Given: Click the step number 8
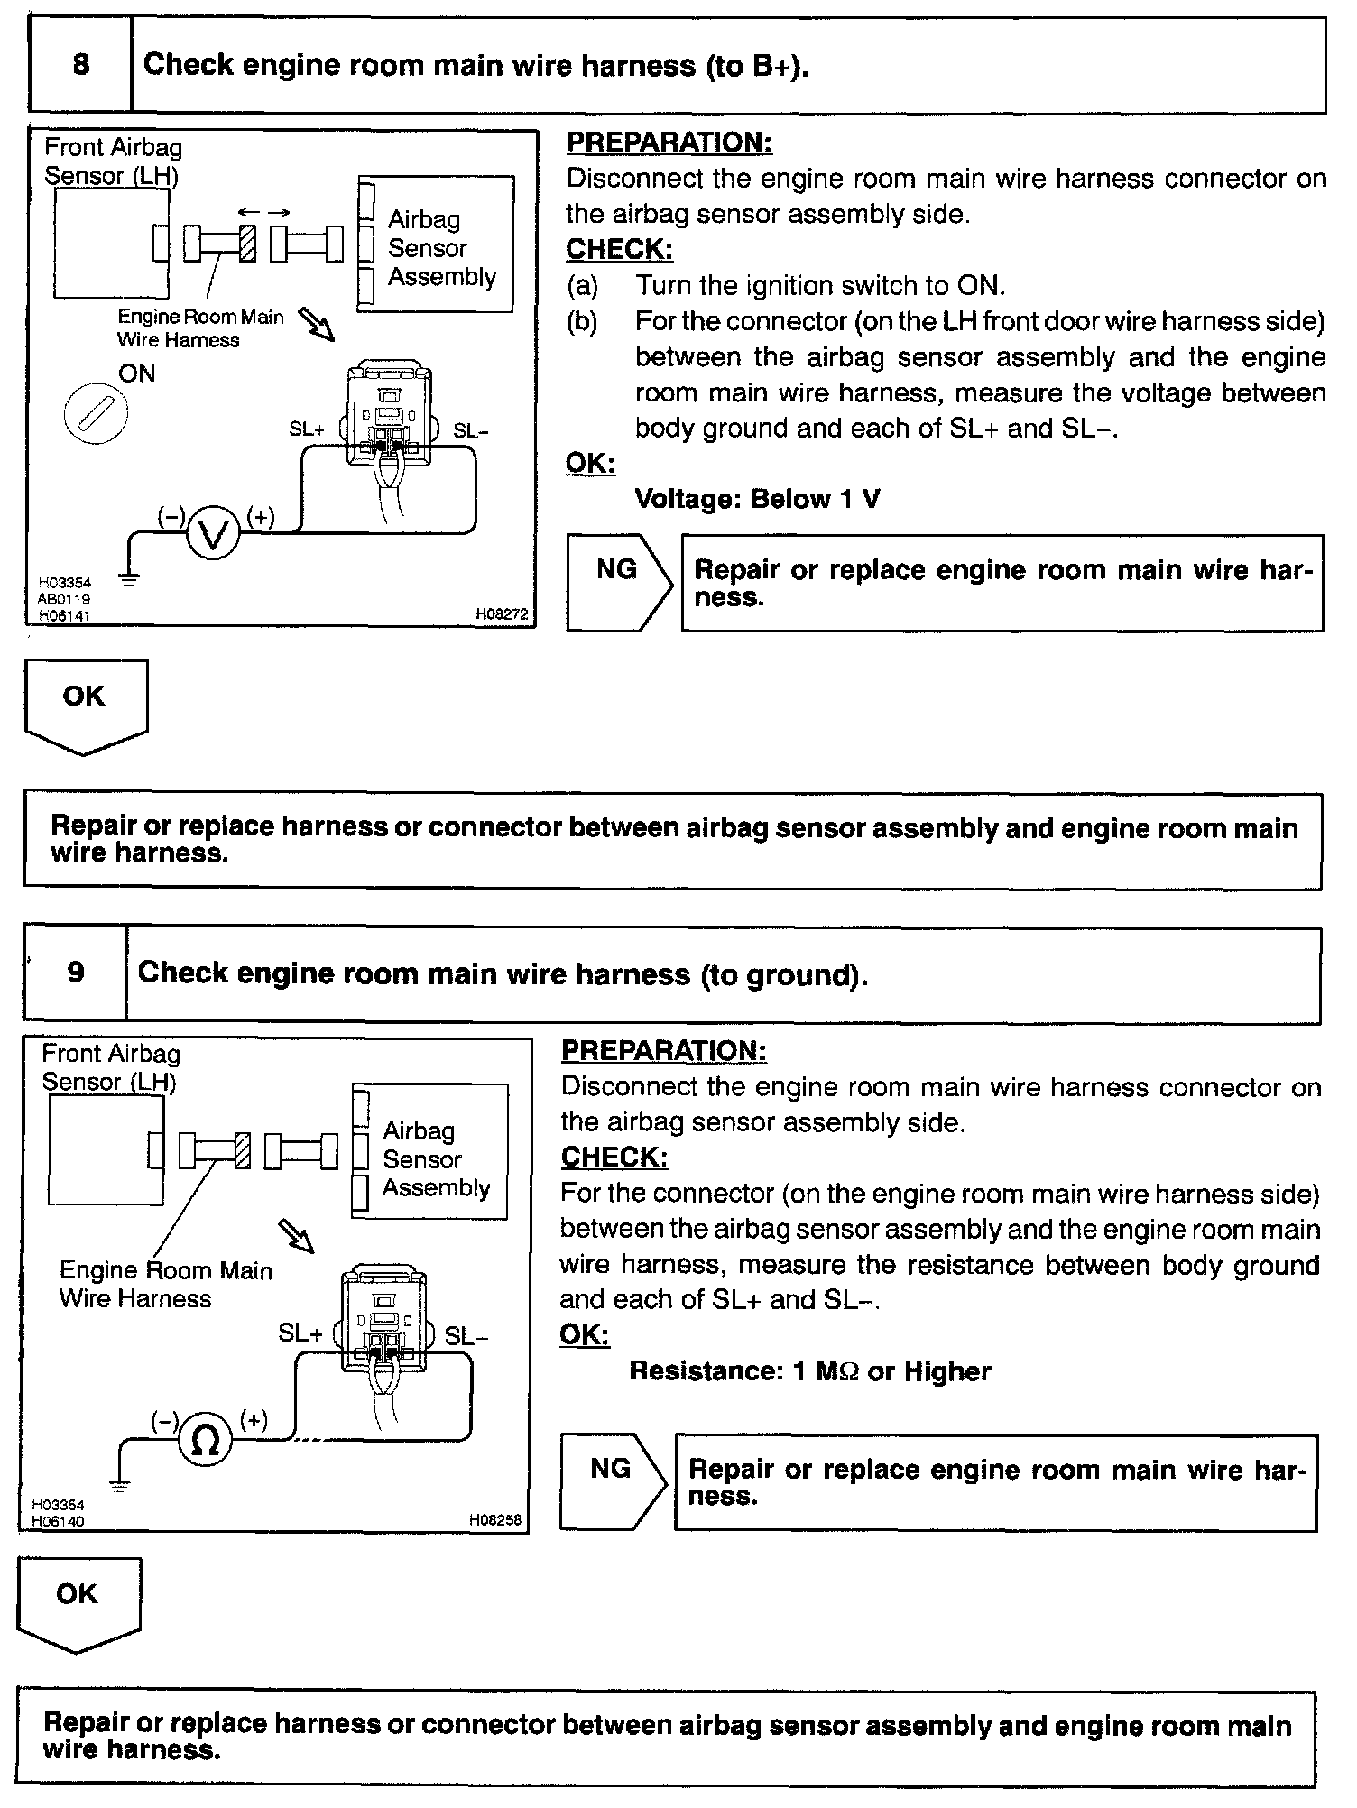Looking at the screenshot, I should click(x=80, y=65).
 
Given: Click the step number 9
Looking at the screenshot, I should click(x=76, y=972).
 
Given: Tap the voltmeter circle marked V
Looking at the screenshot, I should click(x=213, y=536).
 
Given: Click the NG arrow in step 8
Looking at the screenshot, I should click(x=620, y=582).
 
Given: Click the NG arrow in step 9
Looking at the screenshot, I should click(x=614, y=1481).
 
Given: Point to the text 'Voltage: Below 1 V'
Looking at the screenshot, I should click(x=757, y=499).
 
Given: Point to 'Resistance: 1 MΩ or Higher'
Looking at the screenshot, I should click(x=809, y=1371).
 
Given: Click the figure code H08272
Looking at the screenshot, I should click(x=503, y=613).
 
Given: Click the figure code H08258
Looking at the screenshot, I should click(x=495, y=1519).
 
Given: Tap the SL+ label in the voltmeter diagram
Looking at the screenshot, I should click(x=307, y=429).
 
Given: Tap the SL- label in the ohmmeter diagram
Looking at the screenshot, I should click(x=466, y=1336).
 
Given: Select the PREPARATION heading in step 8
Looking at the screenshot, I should click(x=669, y=143).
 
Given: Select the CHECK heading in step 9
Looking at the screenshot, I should click(x=614, y=1157).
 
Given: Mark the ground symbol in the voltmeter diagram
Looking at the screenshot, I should click(x=129, y=577).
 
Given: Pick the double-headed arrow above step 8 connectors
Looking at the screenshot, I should click(x=264, y=212).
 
